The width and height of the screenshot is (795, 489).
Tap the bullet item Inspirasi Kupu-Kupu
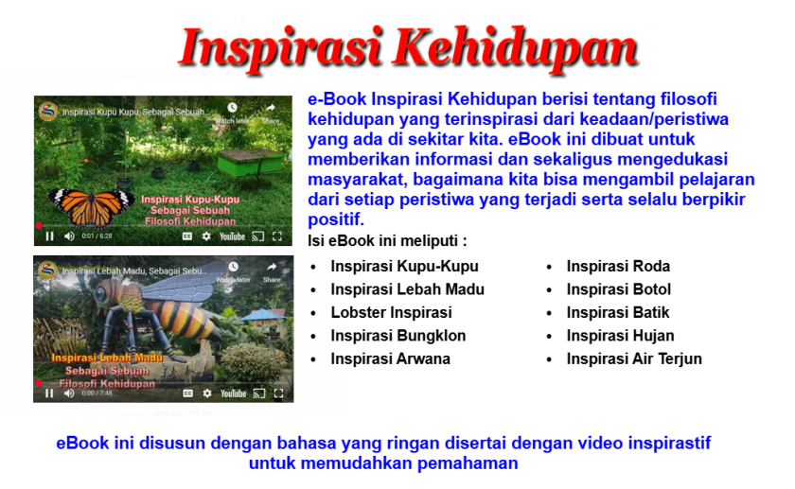(x=404, y=267)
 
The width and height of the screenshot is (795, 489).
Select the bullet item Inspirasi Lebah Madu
(x=407, y=289)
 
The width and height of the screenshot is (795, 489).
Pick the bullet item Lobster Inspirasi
(x=391, y=312)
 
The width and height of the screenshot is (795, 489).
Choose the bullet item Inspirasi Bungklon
(x=397, y=336)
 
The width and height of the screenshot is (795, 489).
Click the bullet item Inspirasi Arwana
(x=390, y=358)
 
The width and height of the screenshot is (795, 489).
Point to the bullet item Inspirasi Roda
(x=618, y=267)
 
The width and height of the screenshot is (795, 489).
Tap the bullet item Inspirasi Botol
(x=619, y=289)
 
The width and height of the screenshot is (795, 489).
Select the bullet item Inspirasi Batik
(x=618, y=312)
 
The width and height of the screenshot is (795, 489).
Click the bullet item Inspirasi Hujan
(x=621, y=336)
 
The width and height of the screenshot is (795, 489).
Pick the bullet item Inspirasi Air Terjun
(x=634, y=358)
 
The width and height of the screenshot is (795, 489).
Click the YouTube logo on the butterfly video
(x=232, y=236)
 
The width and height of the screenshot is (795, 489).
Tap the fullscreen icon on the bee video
(x=278, y=393)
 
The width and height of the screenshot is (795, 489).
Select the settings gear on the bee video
(x=207, y=393)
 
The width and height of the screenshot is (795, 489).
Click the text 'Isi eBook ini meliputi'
(x=387, y=241)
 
